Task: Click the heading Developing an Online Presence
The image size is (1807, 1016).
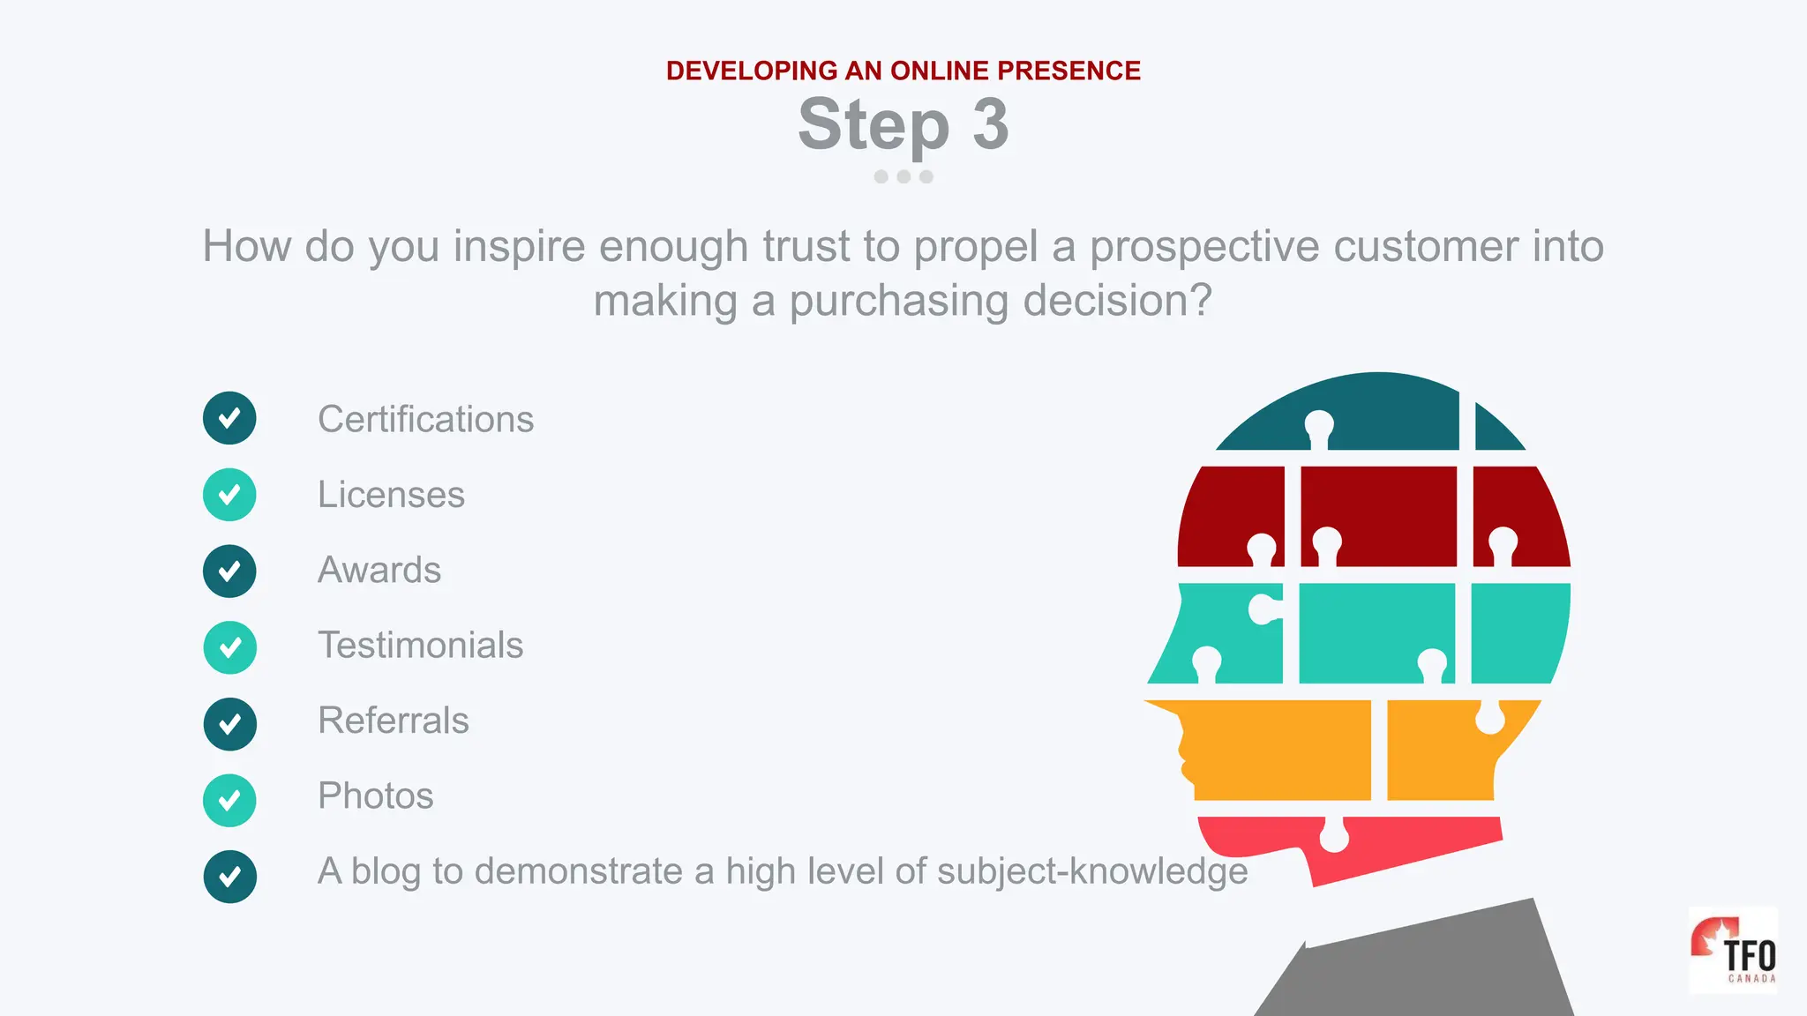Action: pos(903,71)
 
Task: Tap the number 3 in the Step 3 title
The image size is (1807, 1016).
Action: pos(990,124)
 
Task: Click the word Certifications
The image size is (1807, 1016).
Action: pos(425,419)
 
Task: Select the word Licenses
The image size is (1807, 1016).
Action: pos(391,495)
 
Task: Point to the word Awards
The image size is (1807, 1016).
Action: pos(379,570)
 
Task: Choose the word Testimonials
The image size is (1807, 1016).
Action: pos(420,646)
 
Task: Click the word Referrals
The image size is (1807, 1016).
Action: pos(393,721)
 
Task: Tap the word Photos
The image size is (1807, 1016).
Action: pos(375,796)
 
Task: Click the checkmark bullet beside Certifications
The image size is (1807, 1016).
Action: pos(229,418)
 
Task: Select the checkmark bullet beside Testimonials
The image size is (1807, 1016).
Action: pos(229,648)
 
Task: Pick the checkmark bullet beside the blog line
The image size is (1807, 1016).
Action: pos(229,877)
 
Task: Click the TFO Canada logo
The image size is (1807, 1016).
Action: pos(1733,951)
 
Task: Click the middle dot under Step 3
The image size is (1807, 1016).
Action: pos(903,176)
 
